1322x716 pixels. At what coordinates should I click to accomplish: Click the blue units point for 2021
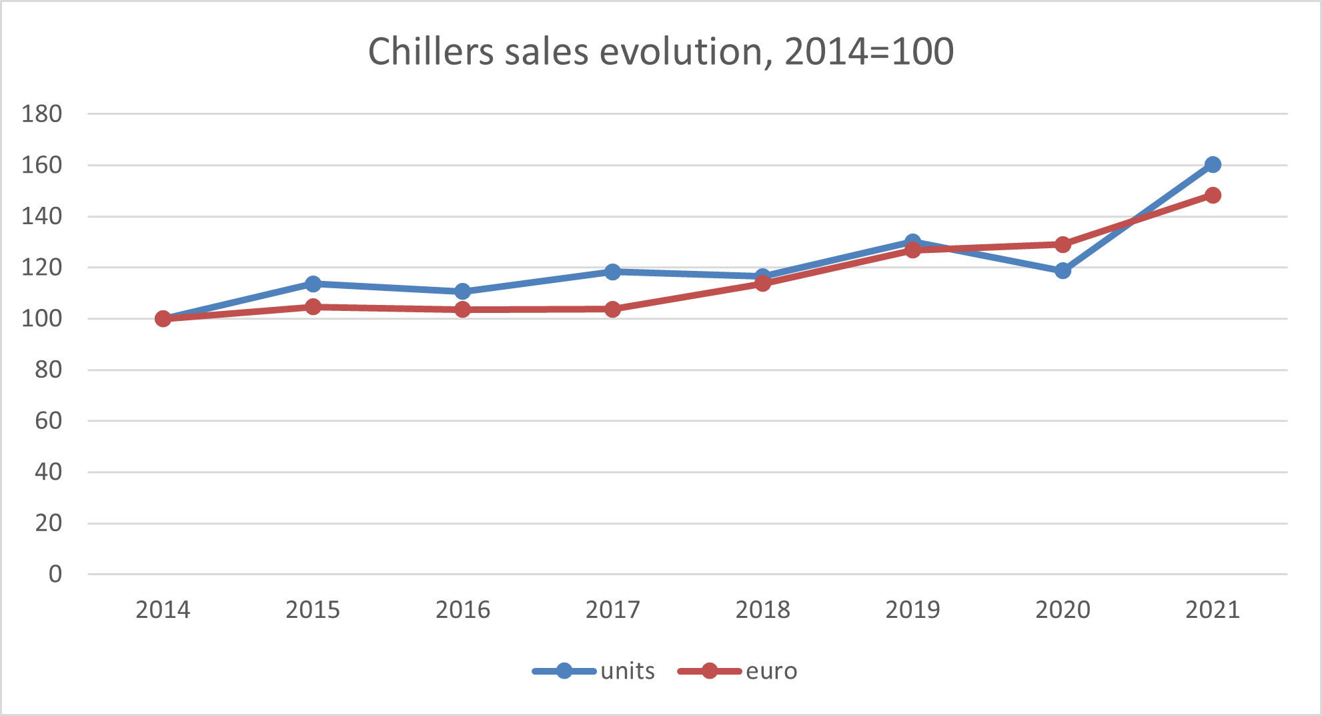click(x=1213, y=164)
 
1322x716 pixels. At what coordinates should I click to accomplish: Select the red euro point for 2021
click(x=1213, y=195)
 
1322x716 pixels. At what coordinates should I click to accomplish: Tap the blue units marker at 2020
click(x=1063, y=270)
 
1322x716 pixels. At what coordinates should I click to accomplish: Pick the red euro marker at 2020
click(x=1063, y=244)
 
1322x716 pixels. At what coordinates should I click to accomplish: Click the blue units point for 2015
click(x=313, y=284)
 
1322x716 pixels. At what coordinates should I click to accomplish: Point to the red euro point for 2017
click(x=612, y=309)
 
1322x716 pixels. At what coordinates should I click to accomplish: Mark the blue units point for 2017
click(x=612, y=272)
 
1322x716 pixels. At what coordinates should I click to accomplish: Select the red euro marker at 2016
click(x=462, y=309)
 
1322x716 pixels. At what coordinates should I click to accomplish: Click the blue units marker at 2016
click(x=462, y=291)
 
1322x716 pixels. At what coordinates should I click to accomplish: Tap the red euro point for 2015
click(x=313, y=307)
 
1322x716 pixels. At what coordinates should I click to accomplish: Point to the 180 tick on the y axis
click(x=42, y=114)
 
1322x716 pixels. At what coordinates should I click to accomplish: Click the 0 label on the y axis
click(x=55, y=574)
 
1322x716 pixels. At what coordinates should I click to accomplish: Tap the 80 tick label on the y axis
click(x=49, y=370)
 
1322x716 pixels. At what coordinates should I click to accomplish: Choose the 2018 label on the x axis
click(x=762, y=610)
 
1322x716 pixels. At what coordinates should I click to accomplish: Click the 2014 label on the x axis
click(x=163, y=610)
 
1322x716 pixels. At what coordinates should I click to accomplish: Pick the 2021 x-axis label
click(x=1213, y=610)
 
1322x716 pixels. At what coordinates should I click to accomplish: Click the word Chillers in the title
click(x=431, y=51)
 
